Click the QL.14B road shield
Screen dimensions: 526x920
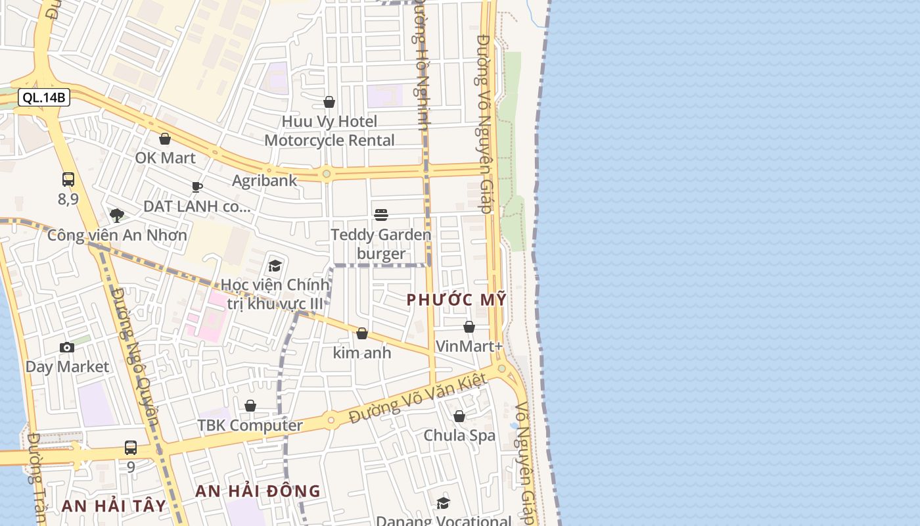43,98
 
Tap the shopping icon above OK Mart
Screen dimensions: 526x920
165,139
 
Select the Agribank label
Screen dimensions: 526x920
265,180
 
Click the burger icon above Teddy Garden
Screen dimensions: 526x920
381,214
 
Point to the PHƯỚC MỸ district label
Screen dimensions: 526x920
457,300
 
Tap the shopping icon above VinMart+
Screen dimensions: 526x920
469,327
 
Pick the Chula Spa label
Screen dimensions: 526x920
459,435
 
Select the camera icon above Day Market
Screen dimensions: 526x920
67,347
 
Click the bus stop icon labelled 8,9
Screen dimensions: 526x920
68,179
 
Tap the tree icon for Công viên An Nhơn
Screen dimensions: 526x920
117,215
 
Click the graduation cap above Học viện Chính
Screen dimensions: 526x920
275,266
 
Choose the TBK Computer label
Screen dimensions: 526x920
250,425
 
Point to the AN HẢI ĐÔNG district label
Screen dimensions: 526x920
258,491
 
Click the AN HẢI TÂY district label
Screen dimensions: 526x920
114,506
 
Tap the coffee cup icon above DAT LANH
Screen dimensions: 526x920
197,187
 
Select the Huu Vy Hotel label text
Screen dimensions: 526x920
329,122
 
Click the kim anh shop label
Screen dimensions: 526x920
362,353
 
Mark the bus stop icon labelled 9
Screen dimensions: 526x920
131,448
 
